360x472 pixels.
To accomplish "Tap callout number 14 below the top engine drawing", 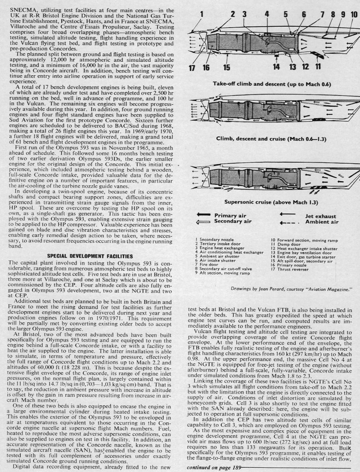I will click(276, 67).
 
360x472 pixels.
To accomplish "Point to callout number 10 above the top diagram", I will click(354, 14).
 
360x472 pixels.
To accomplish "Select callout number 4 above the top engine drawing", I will click(267, 14).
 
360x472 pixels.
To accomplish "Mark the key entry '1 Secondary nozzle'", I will click(216, 240).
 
